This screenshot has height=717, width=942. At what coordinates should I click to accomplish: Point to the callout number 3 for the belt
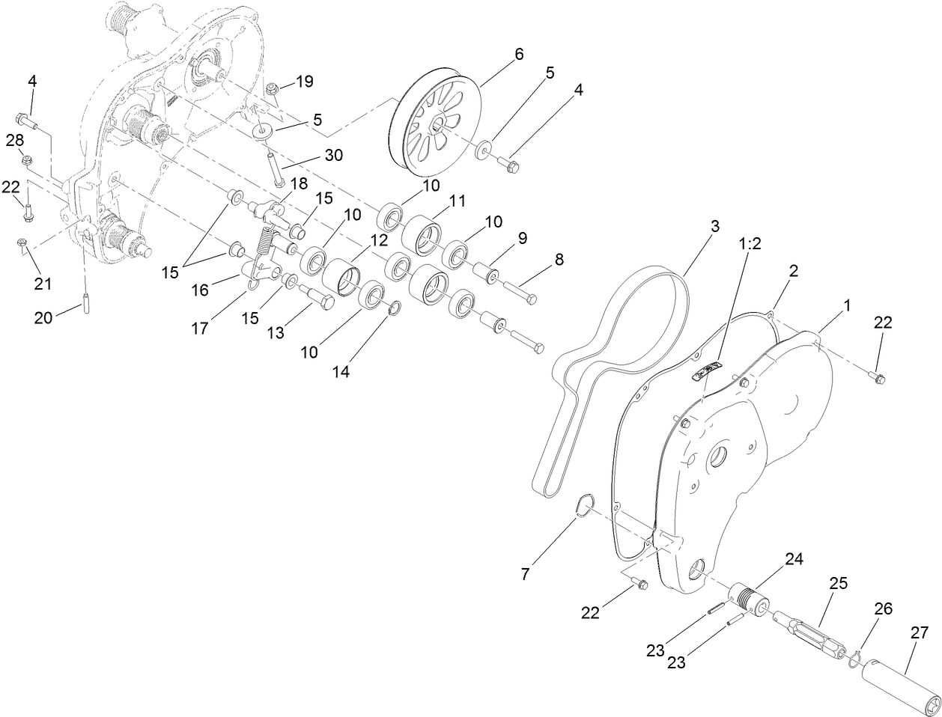click(x=714, y=227)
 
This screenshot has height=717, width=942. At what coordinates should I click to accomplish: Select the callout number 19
click(x=304, y=82)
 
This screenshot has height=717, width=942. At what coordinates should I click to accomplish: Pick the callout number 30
click(x=332, y=156)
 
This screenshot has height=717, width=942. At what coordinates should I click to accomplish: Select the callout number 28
click(x=15, y=140)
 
